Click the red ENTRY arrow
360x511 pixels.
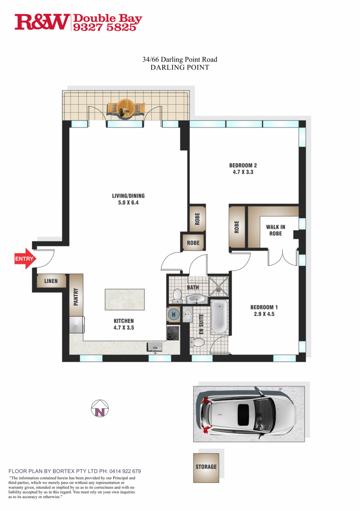tap(25, 259)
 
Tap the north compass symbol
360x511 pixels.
tap(100, 408)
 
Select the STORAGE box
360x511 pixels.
tap(206, 467)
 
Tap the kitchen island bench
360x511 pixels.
tap(124, 299)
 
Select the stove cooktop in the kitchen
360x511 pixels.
tap(173, 332)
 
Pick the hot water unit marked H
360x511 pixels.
tap(173, 314)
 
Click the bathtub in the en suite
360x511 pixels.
tap(219, 317)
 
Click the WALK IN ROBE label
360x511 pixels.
tap(275, 230)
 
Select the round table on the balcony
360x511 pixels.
tap(126, 108)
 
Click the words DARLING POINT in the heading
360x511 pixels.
tap(180, 68)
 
